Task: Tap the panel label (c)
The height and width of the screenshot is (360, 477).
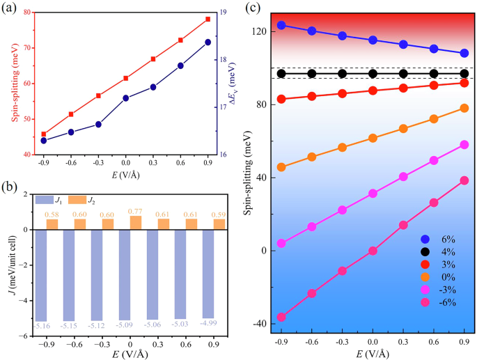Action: point(254,9)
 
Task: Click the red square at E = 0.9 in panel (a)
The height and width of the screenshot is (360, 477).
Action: point(208,19)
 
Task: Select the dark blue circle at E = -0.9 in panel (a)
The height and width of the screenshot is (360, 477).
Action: point(43,140)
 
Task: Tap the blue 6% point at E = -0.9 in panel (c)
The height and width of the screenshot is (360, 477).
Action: point(281,25)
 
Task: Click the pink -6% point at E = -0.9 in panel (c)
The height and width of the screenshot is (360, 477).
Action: point(281,317)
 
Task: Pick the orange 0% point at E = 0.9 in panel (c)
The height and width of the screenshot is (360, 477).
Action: point(464,108)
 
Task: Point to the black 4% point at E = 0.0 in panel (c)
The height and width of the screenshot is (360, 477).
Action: point(373,74)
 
